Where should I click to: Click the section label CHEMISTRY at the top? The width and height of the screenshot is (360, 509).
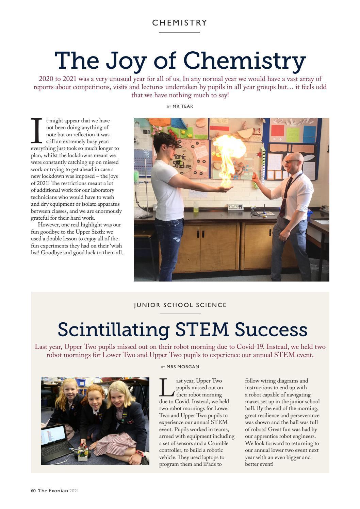point(180,23)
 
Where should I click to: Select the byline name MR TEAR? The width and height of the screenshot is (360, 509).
point(183,106)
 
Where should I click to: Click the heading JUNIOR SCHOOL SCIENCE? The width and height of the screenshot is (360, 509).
point(180,305)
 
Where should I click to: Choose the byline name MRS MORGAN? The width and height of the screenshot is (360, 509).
point(183,367)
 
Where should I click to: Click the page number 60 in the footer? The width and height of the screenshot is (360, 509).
point(33,491)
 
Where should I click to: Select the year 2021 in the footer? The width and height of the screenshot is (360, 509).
point(74,491)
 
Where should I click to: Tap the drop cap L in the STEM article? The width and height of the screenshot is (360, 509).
point(167,388)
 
